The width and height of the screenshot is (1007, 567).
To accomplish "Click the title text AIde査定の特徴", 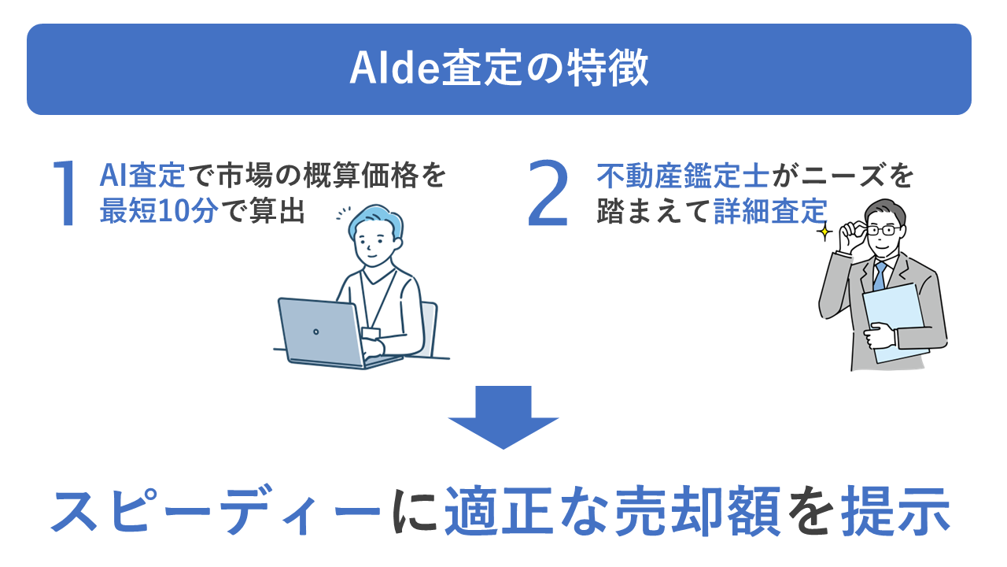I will pyautogui.click(x=499, y=69).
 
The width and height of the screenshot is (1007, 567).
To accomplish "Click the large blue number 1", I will pyautogui.click(x=68, y=194).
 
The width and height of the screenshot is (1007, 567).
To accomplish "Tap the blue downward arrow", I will pyautogui.click(x=503, y=417).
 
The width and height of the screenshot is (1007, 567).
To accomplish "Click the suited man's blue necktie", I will pyautogui.click(x=880, y=276).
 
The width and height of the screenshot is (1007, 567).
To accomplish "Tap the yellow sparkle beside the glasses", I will pyautogui.click(x=824, y=232).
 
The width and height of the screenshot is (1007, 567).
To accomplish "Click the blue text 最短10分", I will pyautogui.click(x=158, y=212).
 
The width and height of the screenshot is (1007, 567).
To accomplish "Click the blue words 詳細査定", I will pyautogui.click(x=771, y=212).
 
